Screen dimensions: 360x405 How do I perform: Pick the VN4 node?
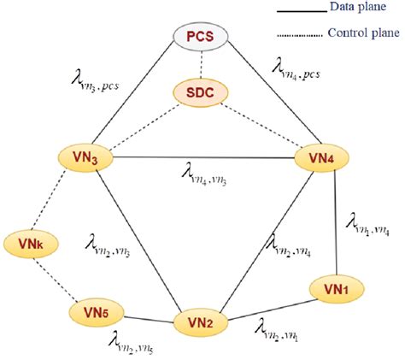coord(323,158)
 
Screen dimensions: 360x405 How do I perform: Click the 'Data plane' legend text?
coord(354,9)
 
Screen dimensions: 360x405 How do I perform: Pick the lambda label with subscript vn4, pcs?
coord(299,68)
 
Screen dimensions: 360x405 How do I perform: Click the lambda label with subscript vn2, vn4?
coord(289,250)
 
